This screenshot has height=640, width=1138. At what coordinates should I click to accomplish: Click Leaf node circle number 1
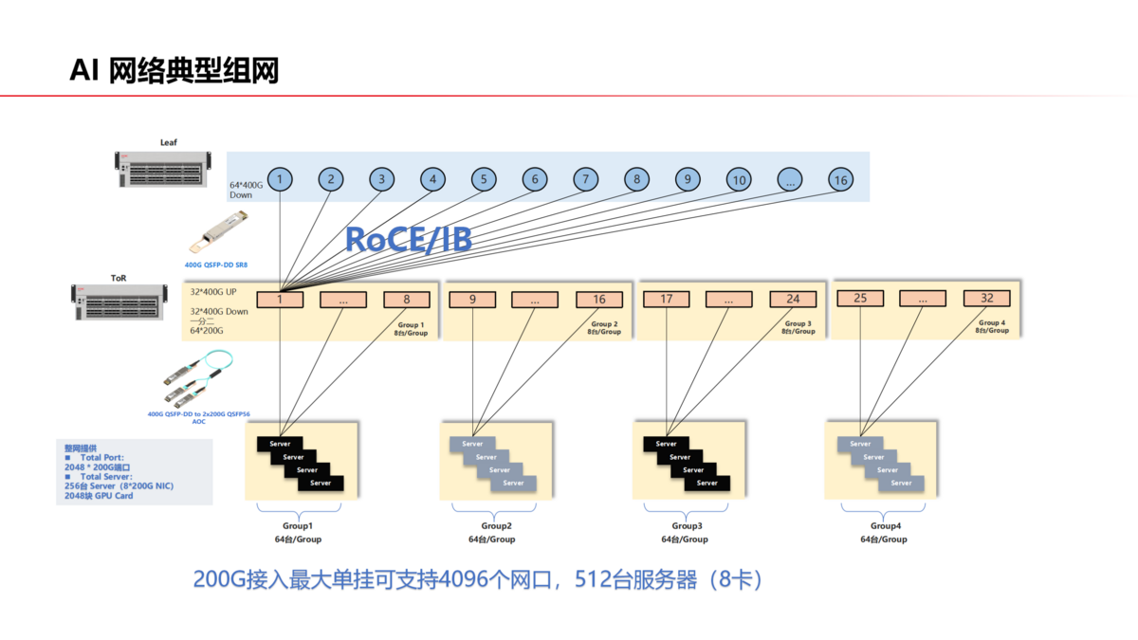(281, 179)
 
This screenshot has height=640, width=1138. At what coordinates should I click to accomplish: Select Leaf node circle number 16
(839, 179)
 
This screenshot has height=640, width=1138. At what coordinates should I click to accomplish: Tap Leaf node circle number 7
(586, 179)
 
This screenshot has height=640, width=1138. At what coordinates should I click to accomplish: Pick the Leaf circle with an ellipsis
(790, 179)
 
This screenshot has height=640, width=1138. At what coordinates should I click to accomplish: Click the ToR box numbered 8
(407, 300)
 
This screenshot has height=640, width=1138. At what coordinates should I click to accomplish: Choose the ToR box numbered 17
(667, 299)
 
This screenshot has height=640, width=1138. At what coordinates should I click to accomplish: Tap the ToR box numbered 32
(986, 298)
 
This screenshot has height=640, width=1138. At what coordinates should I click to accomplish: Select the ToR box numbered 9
(471, 300)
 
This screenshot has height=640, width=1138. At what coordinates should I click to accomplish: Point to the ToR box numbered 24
(793, 299)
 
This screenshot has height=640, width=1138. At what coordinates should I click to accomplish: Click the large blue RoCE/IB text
(408, 239)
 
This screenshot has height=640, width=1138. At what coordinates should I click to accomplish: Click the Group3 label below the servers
(687, 525)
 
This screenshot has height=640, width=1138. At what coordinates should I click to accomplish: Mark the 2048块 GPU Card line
(93, 495)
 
